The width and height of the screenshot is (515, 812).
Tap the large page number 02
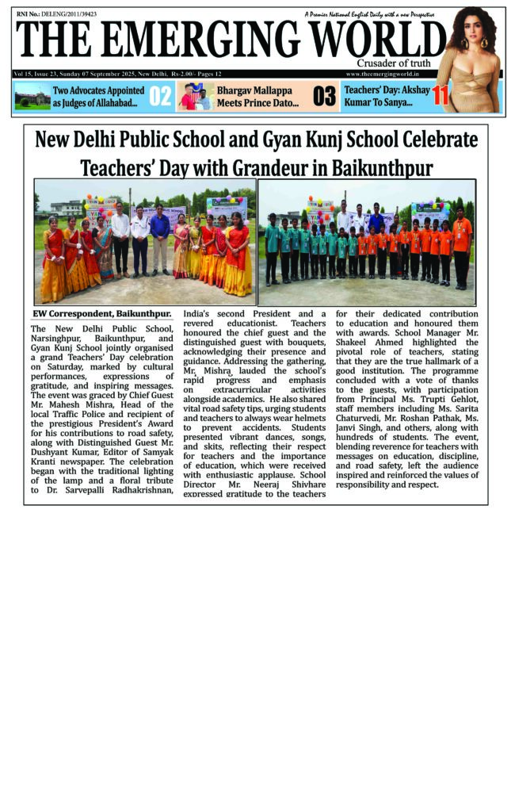(160, 97)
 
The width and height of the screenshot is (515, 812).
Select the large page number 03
(325, 97)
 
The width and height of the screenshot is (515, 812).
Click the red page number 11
(441, 96)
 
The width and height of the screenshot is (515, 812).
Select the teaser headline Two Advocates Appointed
(98, 90)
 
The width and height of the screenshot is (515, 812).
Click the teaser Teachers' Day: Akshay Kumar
(387, 96)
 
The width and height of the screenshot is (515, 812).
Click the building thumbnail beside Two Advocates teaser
(32, 97)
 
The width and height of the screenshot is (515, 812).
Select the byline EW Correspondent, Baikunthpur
(101, 313)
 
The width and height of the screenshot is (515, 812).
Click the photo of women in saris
(144, 242)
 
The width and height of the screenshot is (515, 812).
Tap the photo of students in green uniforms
(367, 242)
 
